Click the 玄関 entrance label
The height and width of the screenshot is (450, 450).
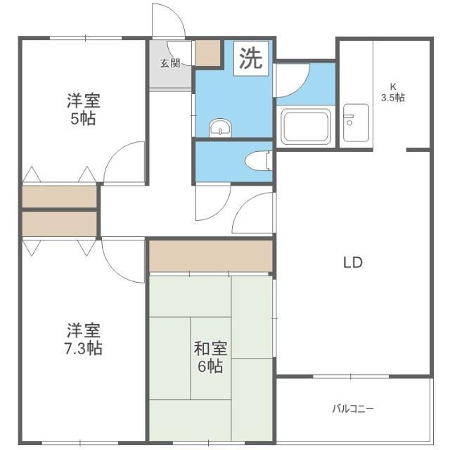coord(169,63)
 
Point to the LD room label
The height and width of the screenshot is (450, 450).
coord(352,263)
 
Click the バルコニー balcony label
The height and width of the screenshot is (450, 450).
coord(353,409)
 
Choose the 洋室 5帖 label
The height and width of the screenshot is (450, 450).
coord(83,110)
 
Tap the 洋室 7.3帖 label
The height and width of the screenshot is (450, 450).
coord(84,338)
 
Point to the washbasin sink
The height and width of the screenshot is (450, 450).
coord(219,128)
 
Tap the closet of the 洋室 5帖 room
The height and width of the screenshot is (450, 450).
coord(59,197)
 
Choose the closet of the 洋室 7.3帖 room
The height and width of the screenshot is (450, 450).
coord(59,224)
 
